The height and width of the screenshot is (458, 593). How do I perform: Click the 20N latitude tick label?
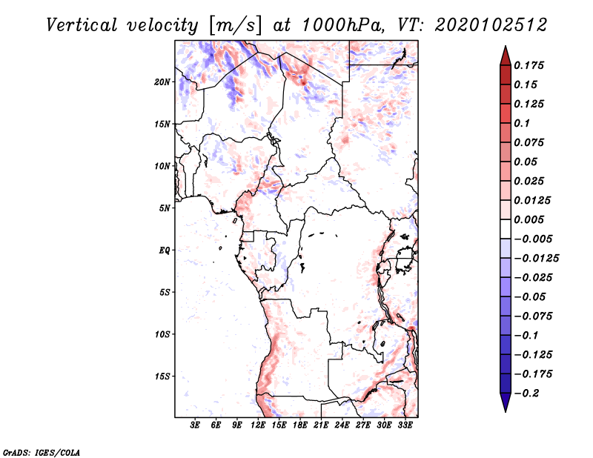163,82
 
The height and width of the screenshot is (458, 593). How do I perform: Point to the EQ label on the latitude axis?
165,250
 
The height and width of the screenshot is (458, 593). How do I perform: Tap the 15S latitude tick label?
163,376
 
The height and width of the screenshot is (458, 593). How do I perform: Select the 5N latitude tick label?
165,208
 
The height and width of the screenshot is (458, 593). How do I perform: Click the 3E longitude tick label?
196,425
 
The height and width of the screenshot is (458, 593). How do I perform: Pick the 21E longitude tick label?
321,425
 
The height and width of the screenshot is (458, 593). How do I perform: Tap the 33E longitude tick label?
405,425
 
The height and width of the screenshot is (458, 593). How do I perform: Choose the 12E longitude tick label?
258,425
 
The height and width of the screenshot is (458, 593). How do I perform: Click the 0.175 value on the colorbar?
530,66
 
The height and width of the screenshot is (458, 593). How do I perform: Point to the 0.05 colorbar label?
527,162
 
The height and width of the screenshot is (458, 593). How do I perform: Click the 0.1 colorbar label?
523,123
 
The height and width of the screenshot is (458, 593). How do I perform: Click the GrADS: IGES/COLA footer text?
42,451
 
